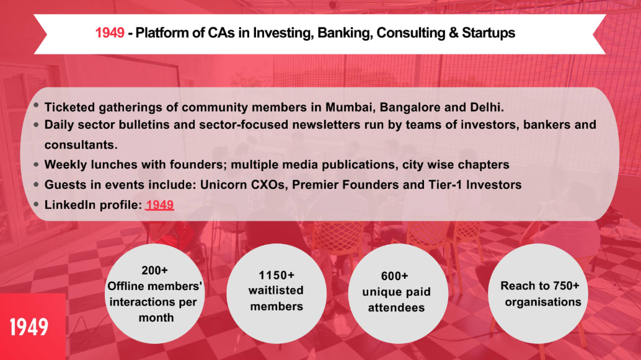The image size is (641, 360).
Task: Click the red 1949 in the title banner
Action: coord(110,33)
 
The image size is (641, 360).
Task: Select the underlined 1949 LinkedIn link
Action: coord(159,204)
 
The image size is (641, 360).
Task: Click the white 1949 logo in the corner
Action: coord(29,327)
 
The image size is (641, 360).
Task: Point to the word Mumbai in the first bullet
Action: coord(350,107)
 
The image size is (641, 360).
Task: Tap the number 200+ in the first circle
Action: coord(154,270)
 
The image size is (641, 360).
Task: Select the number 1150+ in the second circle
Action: coord(276,274)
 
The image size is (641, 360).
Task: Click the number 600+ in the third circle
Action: coord(394,276)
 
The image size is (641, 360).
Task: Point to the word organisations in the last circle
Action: coord(543,302)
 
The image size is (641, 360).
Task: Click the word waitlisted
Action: coord(276,291)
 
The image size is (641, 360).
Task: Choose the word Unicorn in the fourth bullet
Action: coord(221,185)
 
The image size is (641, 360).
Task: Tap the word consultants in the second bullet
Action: coord(81,144)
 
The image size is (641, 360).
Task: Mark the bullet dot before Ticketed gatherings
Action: coord(37,105)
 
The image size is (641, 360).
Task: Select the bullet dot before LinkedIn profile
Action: coord(37,203)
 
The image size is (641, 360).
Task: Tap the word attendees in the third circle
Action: coord(396,307)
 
